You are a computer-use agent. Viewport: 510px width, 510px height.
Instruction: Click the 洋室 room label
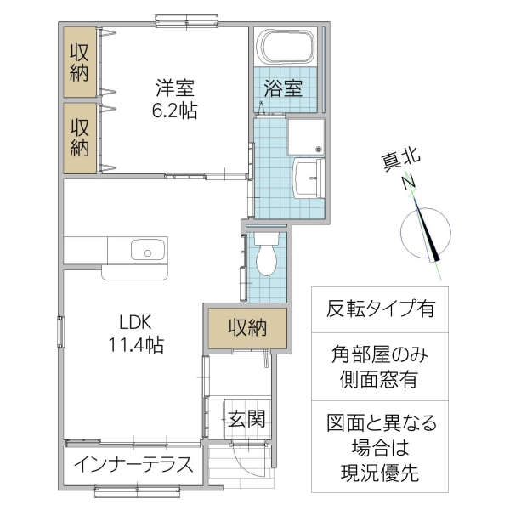click(x=175, y=87)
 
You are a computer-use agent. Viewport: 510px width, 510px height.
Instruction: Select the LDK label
click(x=135, y=323)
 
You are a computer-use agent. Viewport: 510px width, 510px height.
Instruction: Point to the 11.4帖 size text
click(x=135, y=346)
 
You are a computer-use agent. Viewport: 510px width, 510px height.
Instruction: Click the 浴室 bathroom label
click(x=283, y=88)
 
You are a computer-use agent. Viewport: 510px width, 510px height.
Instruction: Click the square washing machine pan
click(x=306, y=136)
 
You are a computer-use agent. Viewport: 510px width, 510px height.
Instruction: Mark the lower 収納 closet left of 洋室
click(x=79, y=138)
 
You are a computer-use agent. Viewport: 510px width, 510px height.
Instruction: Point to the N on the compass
click(x=409, y=181)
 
